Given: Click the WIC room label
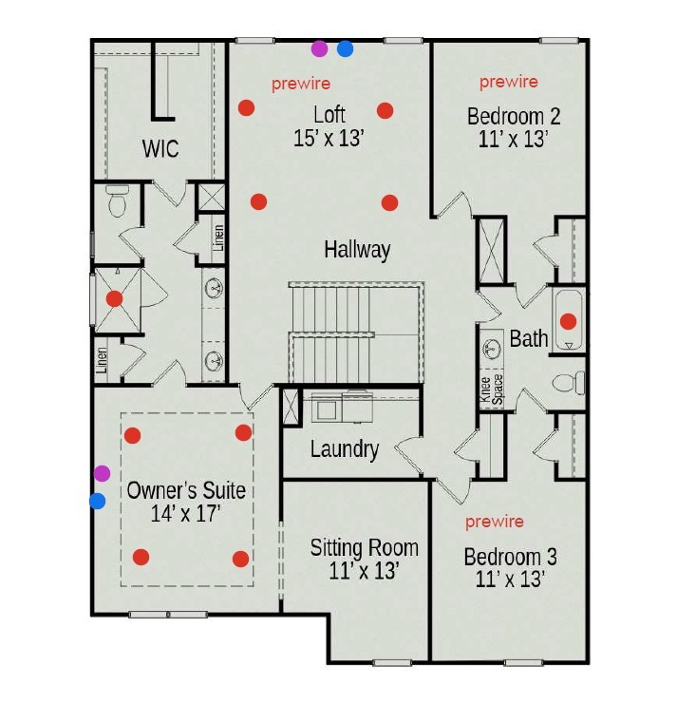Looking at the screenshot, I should [160, 149].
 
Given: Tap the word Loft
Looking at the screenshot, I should [329, 115].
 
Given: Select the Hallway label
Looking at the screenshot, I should [357, 250].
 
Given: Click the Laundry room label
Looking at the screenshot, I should [345, 449].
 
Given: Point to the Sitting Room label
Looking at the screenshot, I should [364, 548].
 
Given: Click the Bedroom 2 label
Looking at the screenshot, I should [514, 117].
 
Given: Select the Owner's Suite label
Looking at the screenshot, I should [186, 491].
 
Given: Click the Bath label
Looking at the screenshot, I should [529, 338].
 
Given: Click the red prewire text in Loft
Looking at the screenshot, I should [301, 84].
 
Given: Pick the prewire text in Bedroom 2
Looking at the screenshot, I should [509, 82].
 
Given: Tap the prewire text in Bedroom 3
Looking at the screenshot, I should [494, 522].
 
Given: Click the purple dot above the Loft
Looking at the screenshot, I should [319, 48].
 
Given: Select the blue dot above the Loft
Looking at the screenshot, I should [345, 48].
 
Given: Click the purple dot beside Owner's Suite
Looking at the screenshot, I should [102, 473].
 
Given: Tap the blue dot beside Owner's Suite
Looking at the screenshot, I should [97, 501].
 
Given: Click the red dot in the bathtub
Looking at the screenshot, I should [568, 321].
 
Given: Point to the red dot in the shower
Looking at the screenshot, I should [115, 298].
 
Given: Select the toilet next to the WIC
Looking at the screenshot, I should [118, 202].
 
